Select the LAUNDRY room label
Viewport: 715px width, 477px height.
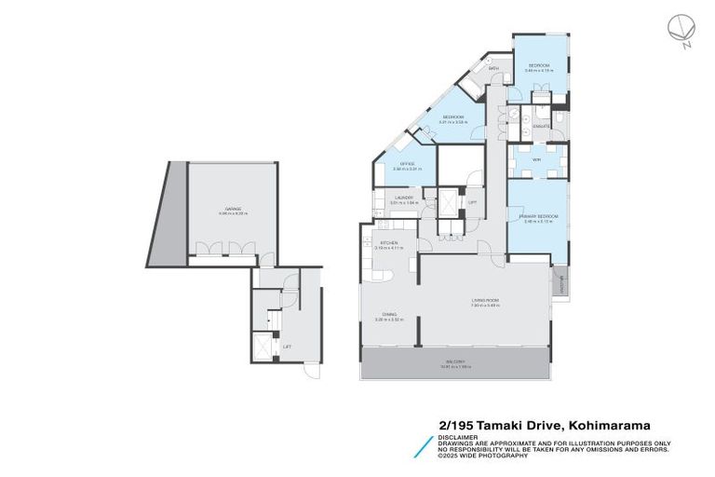click(403, 198)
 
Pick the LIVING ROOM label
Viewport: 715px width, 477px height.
click(486, 300)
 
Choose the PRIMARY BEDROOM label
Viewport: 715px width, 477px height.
click(540, 215)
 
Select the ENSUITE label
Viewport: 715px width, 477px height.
click(541, 126)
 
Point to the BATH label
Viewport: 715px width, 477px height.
click(493, 69)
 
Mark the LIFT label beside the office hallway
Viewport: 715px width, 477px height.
click(472, 202)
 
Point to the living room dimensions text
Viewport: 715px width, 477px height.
click(486, 306)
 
